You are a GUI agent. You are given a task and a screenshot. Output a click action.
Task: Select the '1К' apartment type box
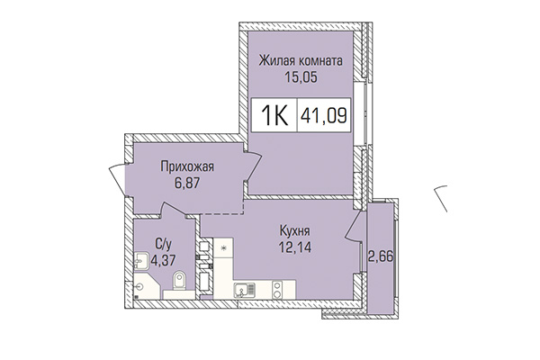274,116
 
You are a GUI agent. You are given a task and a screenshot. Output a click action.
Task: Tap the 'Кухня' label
295,229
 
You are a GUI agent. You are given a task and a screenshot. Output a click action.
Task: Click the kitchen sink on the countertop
245,290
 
